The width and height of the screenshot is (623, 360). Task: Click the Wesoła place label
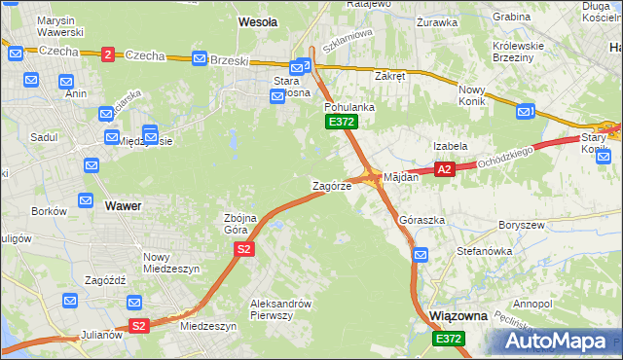(258, 20)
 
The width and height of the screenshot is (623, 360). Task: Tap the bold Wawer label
(123, 206)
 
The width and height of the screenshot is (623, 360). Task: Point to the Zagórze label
(331, 186)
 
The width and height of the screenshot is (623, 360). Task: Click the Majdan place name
(401, 178)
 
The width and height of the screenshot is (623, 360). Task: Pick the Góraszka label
(422, 221)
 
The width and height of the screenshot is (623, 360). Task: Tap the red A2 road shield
(444, 169)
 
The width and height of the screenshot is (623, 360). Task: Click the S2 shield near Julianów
(138, 326)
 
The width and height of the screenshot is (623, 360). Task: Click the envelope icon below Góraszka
(420, 255)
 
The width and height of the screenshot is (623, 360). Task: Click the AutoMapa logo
(559, 342)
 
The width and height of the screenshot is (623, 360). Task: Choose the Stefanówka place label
(484, 251)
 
